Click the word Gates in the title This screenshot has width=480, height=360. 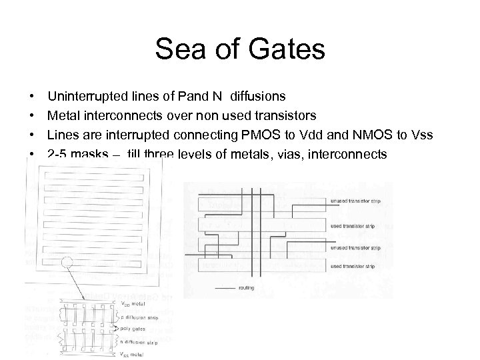pyautogui.click(x=288, y=49)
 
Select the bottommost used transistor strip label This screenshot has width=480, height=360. pyautogui.click(x=347, y=266)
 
